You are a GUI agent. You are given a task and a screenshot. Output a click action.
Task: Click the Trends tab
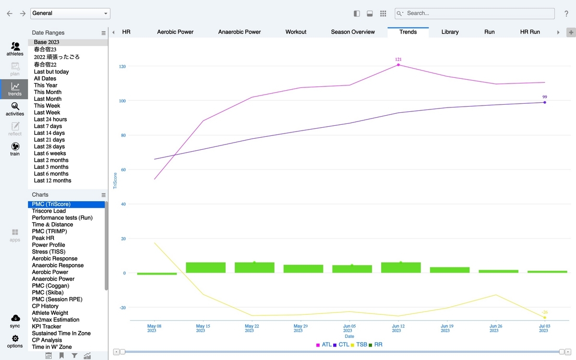point(408,32)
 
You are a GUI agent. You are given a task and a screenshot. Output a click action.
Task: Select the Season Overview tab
point(353,32)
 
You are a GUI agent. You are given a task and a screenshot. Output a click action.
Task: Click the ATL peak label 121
point(398,60)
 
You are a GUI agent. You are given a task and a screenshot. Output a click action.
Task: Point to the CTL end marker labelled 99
point(545,102)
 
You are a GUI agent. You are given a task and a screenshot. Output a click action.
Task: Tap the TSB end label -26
point(545,312)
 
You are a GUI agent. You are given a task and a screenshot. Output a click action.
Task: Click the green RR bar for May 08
point(157,274)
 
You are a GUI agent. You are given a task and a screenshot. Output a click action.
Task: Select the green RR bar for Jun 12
point(401,267)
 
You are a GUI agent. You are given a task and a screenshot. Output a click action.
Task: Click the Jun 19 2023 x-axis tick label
point(445,328)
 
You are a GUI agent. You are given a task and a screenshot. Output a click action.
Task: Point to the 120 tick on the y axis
point(122,66)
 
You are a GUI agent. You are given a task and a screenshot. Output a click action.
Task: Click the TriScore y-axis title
point(115,181)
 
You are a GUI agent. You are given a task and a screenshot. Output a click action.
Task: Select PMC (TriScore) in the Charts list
point(51,204)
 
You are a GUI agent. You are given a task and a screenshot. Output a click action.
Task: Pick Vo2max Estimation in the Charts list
point(56,320)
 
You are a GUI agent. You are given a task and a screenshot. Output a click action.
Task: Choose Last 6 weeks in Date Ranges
point(50,154)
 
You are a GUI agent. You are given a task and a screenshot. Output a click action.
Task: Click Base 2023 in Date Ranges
point(47,42)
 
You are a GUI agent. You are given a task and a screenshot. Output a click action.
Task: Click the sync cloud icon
point(15,318)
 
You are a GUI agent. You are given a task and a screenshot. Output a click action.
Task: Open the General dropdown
point(70,13)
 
